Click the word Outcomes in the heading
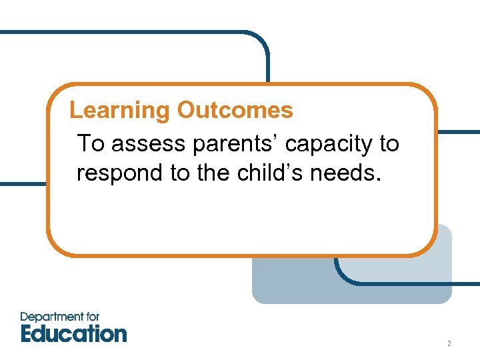coord(235,110)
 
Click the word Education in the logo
coord(73,333)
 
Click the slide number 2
coord(449,344)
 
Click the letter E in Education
coord(27,333)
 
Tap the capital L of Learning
coord(75,110)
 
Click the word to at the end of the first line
coord(389,144)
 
